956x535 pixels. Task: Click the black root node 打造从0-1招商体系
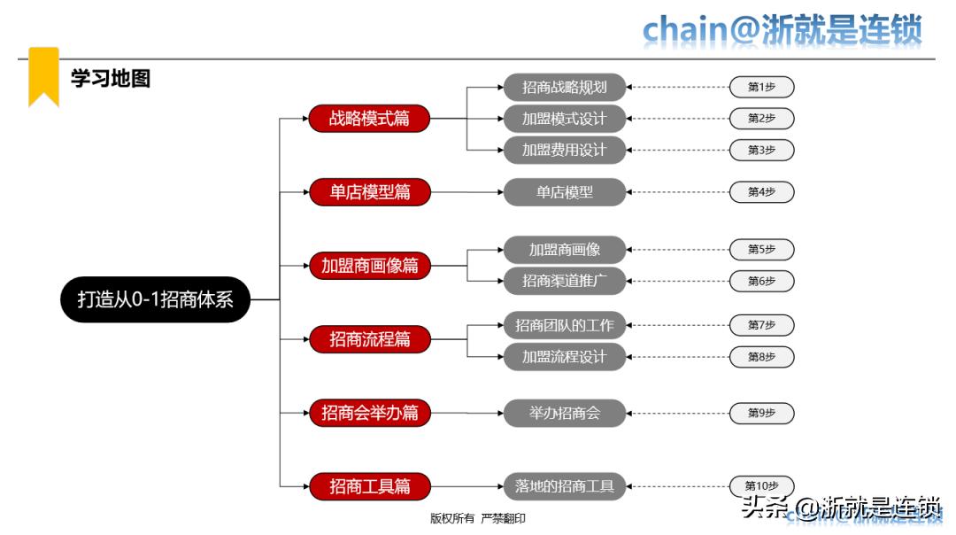(x=155, y=299)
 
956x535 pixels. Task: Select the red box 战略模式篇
(x=369, y=118)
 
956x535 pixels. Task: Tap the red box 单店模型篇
(x=369, y=191)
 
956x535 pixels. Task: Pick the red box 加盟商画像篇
(x=369, y=265)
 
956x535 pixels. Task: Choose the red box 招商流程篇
(x=369, y=338)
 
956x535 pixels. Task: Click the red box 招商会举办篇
(x=369, y=412)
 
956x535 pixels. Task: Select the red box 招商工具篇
(x=369, y=485)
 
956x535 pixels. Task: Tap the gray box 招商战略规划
(x=565, y=87)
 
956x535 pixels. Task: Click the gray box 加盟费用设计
(x=565, y=150)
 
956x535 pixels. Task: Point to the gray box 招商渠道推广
(x=565, y=281)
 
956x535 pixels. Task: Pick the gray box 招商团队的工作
(x=565, y=325)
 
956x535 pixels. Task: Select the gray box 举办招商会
(x=565, y=413)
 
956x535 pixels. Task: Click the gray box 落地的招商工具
(x=565, y=485)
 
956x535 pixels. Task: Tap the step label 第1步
(x=761, y=87)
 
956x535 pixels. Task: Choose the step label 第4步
(x=761, y=191)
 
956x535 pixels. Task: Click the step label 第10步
(x=761, y=485)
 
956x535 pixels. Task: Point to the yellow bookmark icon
(x=43, y=75)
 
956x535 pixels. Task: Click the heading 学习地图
(x=111, y=78)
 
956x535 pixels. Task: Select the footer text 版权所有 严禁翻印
(x=477, y=518)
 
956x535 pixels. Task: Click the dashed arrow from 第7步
(x=677, y=325)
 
